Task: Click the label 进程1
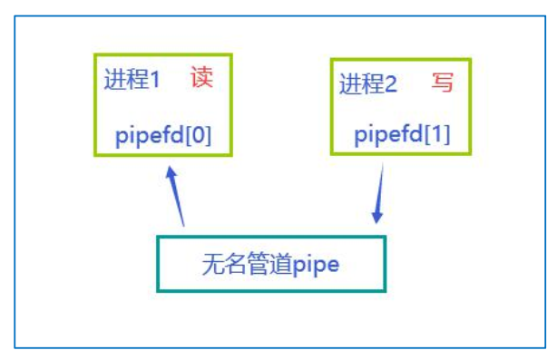coord(132,80)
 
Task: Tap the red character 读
coord(200,78)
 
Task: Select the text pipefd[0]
coord(163,136)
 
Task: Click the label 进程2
coord(368,84)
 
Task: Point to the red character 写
coord(442,83)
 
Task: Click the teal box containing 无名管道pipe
coord(271,263)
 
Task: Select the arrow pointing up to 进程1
coord(177,195)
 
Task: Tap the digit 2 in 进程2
coord(391,84)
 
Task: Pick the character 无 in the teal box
coord(212,264)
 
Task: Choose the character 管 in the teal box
coord(257,264)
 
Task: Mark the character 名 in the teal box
coord(234,264)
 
